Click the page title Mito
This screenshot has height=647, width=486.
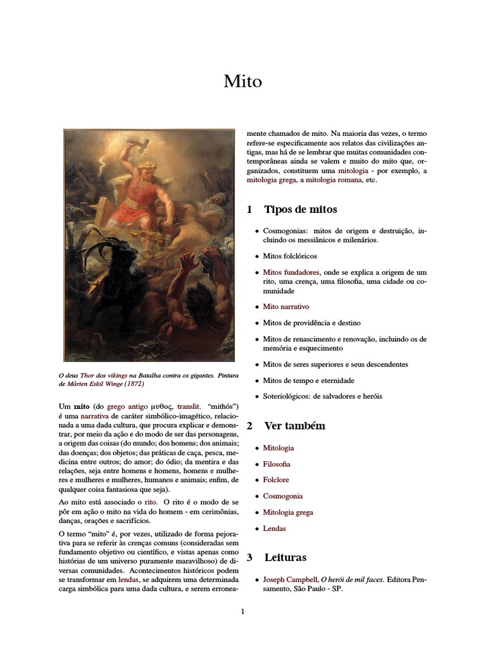[242, 82]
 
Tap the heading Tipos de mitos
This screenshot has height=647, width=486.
[300, 209]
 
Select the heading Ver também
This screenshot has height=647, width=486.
[294, 426]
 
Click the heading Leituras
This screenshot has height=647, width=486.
[285, 557]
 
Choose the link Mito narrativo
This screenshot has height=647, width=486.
[285, 306]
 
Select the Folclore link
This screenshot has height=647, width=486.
[276, 480]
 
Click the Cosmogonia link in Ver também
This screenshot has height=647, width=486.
[282, 496]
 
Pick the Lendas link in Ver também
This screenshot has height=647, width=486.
[274, 528]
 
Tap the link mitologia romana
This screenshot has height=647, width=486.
[333, 180]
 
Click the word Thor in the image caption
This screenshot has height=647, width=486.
[94, 375]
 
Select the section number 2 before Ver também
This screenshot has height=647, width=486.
[249, 426]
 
